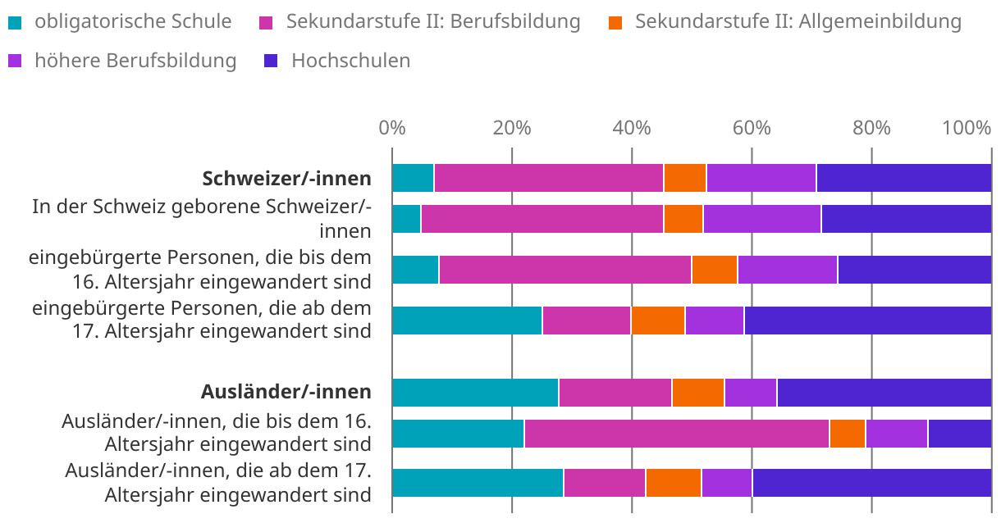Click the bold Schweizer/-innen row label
click(286, 179)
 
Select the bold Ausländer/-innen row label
click(286, 392)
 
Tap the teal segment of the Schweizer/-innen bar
click(413, 178)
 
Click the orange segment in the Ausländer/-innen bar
click(697, 393)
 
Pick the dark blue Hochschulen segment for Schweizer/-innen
click(903, 178)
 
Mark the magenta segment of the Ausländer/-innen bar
click(615, 393)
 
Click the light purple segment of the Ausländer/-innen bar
click(750, 393)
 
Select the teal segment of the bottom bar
click(478, 483)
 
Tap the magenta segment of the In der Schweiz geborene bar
click(542, 219)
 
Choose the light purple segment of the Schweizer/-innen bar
click(761, 178)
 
